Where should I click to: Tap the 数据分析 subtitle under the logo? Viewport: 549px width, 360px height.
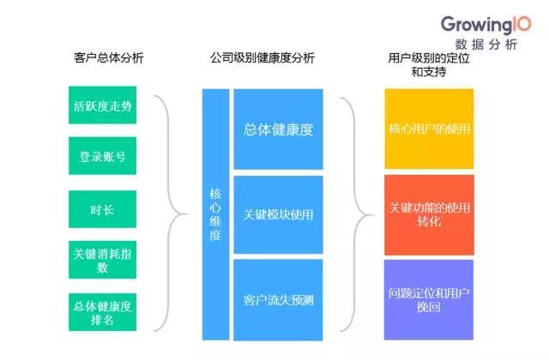click(x=486, y=45)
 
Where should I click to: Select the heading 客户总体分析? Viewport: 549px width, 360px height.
click(x=108, y=58)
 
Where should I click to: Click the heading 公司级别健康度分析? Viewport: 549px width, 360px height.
click(x=262, y=58)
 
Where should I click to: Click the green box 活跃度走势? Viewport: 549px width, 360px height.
click(x=102, y=107)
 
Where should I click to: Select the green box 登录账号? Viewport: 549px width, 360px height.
click(x=102, y=157)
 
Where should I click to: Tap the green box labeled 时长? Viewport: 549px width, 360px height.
click(x=102, y=207)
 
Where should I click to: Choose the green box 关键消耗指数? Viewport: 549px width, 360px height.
click(x=102, y=257)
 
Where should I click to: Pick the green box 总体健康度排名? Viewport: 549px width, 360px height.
click(x=102, y=310)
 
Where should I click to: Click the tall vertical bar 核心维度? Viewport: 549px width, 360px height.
click(x=215, y=214)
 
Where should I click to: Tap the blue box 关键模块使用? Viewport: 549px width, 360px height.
click(x=278, y=214)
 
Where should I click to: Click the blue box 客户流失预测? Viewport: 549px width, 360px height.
click(x=278, y=300)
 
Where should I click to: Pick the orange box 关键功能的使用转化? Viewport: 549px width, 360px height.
click(x=429, y=214)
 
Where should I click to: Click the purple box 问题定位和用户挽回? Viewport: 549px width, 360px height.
click(x=429, y=300)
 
